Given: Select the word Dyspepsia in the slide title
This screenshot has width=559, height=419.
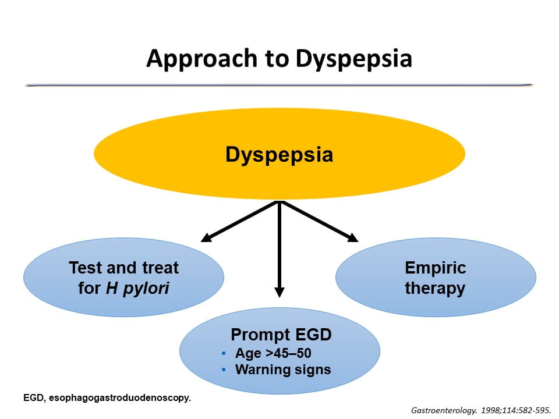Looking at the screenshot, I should [x=353, y=59].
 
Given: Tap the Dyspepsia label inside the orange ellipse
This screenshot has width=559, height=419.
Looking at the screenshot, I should [x=279, y=155].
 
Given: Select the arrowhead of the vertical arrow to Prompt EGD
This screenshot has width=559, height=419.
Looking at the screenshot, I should [x=279, y=292].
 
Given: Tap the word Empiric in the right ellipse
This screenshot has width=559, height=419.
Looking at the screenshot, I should [x=436, y=268].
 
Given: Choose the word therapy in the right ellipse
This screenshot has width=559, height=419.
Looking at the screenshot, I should [x=435, y=288].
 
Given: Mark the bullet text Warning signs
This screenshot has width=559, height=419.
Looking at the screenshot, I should [x=283, y=370].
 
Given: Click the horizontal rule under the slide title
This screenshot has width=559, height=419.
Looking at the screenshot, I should [x=279, y=85].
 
